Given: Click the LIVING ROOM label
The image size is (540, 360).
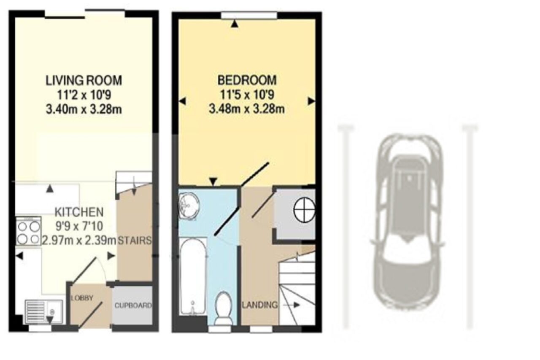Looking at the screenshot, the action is pyautogui.click(x=84, y=81).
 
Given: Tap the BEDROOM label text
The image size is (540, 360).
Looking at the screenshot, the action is pyautogui.click(x=247, y=80).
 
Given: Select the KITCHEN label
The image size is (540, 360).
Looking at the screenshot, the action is pyautogui.click(x=79, y=212).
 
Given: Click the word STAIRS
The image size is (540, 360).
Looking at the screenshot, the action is pyautogui.click(x=135, y=241).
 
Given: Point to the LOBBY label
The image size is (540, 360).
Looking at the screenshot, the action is pyautogui.click(x=82, y=298).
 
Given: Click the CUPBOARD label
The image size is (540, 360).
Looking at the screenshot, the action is pyautogui.click(x=133, y=306).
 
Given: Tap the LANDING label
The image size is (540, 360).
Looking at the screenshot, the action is pyautogui.click(x=260, y=305).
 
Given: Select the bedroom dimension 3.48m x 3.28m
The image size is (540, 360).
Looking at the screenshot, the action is pyautogui.click(x=247, y=109).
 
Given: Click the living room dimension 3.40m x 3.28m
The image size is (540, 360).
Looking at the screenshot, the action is pyautogui.click(x=84, y=109).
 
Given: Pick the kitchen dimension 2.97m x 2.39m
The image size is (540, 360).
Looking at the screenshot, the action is pyautogui.click(x=79, y=241).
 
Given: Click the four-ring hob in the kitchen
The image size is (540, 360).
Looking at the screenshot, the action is pyautogui.click(x=28, y=231).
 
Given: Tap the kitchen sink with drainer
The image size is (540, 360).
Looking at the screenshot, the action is pyautogui.click(x=43, y=312).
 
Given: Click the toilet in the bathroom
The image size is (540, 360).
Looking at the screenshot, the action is pyautogui.click(x=224, y=309).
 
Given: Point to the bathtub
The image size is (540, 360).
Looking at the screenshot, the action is pyautogui.click(x=193, y=276).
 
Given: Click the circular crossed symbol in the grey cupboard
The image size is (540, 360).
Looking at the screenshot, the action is pyautogui.click(x=304, y=210).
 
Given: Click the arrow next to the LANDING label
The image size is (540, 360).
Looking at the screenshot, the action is pyautogui.click(x=291, y=305).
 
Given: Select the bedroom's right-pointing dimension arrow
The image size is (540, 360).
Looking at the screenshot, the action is pyautogui.click(x=311, y=101).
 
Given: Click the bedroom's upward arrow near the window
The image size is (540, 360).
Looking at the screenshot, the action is pyautogui.click(x=235, y=24).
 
